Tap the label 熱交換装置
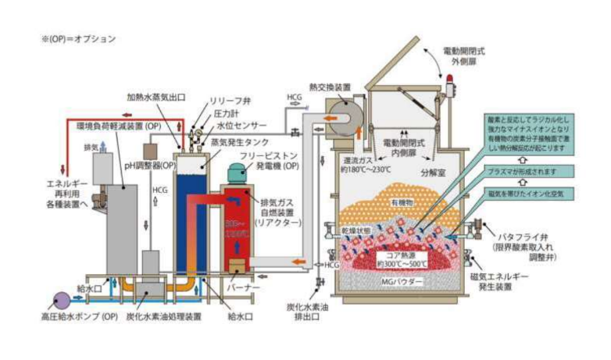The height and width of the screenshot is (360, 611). (x=327, y=87)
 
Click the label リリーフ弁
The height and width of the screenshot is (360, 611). (x=231, y=102)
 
